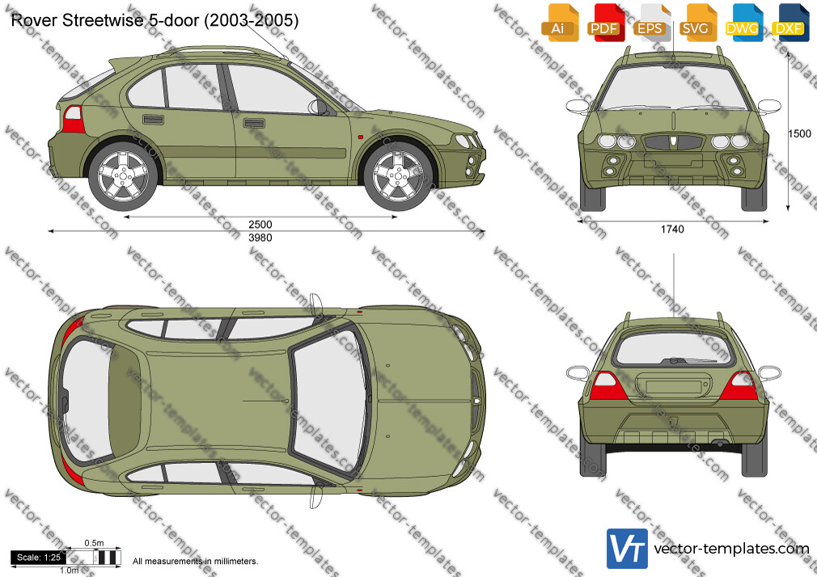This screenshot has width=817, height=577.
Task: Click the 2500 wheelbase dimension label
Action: tap(260, 225)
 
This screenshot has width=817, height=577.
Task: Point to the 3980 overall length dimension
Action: tap(260, 238)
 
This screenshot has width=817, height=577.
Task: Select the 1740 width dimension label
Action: tap(672, 230)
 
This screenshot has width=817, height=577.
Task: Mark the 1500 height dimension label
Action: tap(799, 134)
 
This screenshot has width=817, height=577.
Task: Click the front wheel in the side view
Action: tap(398, 176)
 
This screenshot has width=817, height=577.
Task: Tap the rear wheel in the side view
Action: tap(123, 176)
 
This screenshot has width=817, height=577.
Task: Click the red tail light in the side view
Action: tap(74, 120)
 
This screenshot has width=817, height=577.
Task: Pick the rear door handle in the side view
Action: tap(153, 120)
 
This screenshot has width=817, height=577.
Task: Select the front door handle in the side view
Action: tap(254, 124)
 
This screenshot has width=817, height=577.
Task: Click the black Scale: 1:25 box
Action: tap(38, 558)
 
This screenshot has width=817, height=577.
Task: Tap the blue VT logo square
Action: tap(627, 549)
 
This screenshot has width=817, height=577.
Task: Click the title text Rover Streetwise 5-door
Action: tap(104, 20)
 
